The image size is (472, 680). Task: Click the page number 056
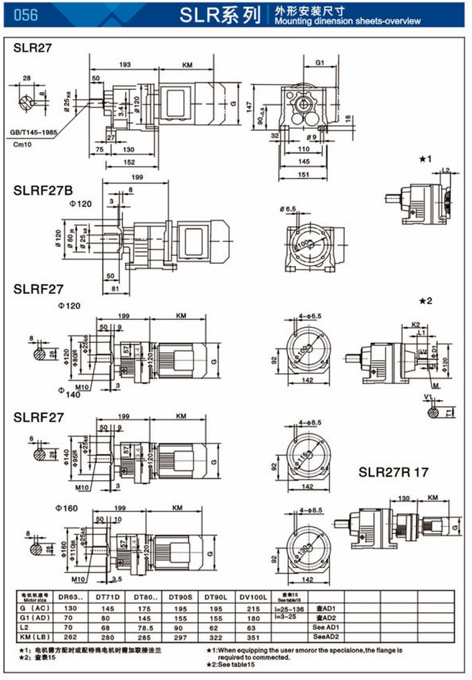[26, 14]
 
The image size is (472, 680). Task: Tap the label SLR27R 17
[394, 473]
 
